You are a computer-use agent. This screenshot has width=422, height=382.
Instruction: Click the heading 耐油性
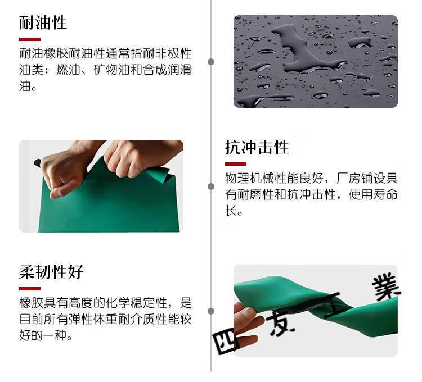(x=43, y=22)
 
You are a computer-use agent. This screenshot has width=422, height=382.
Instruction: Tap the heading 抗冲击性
(x=257, y=147)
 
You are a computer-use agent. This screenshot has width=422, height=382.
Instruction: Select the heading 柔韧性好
(x=51, y=272)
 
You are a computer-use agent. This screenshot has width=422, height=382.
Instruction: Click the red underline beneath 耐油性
(x=30, y=39)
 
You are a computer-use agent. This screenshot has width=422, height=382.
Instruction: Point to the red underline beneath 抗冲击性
(x=236, y=164)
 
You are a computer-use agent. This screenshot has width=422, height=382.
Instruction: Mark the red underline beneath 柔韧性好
(x=30, y=289)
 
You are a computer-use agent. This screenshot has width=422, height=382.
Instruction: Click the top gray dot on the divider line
(x=211, y=62)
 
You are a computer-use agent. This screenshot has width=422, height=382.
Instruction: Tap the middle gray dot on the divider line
(x=211, y=187)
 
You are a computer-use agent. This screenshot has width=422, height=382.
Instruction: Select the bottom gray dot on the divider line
(x=211, y=311)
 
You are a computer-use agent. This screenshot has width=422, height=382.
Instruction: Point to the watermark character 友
(x=280, y=324)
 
